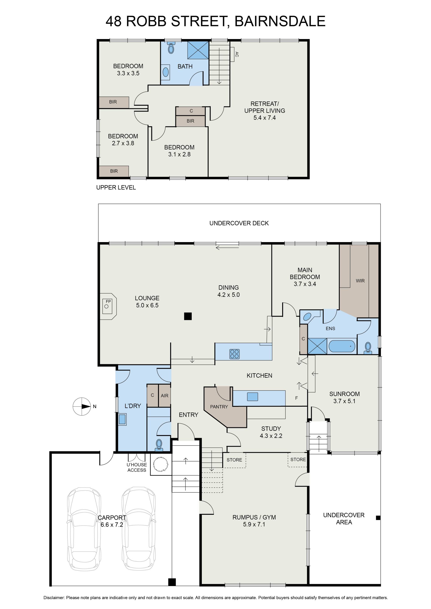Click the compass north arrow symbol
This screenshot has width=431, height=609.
coord(82,406)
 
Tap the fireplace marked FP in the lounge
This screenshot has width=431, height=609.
coord(108,306)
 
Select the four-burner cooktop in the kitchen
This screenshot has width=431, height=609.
coord(235,354)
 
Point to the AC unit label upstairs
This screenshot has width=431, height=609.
coord(237,54)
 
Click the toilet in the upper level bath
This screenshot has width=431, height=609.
coord(171,48)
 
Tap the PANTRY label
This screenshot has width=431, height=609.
coord(219,407)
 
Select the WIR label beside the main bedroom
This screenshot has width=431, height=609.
coord(360,281)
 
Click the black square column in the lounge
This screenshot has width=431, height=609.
coord(188,316)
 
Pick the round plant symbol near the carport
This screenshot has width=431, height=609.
coord(160,464)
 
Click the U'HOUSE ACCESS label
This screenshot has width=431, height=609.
coord(137,467)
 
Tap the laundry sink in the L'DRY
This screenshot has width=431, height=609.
coord(122,419)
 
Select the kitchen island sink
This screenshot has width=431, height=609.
coord(252,397)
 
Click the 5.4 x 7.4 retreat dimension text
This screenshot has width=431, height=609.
coord(265,118)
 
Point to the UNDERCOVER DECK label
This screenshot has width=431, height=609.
coord(239,223)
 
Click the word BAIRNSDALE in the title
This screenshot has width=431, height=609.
coord(280,21)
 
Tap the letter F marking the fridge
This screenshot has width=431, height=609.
coord(297,398)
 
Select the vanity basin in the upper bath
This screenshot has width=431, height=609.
coord(166,72)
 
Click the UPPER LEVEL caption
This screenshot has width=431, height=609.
coord(116,187)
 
